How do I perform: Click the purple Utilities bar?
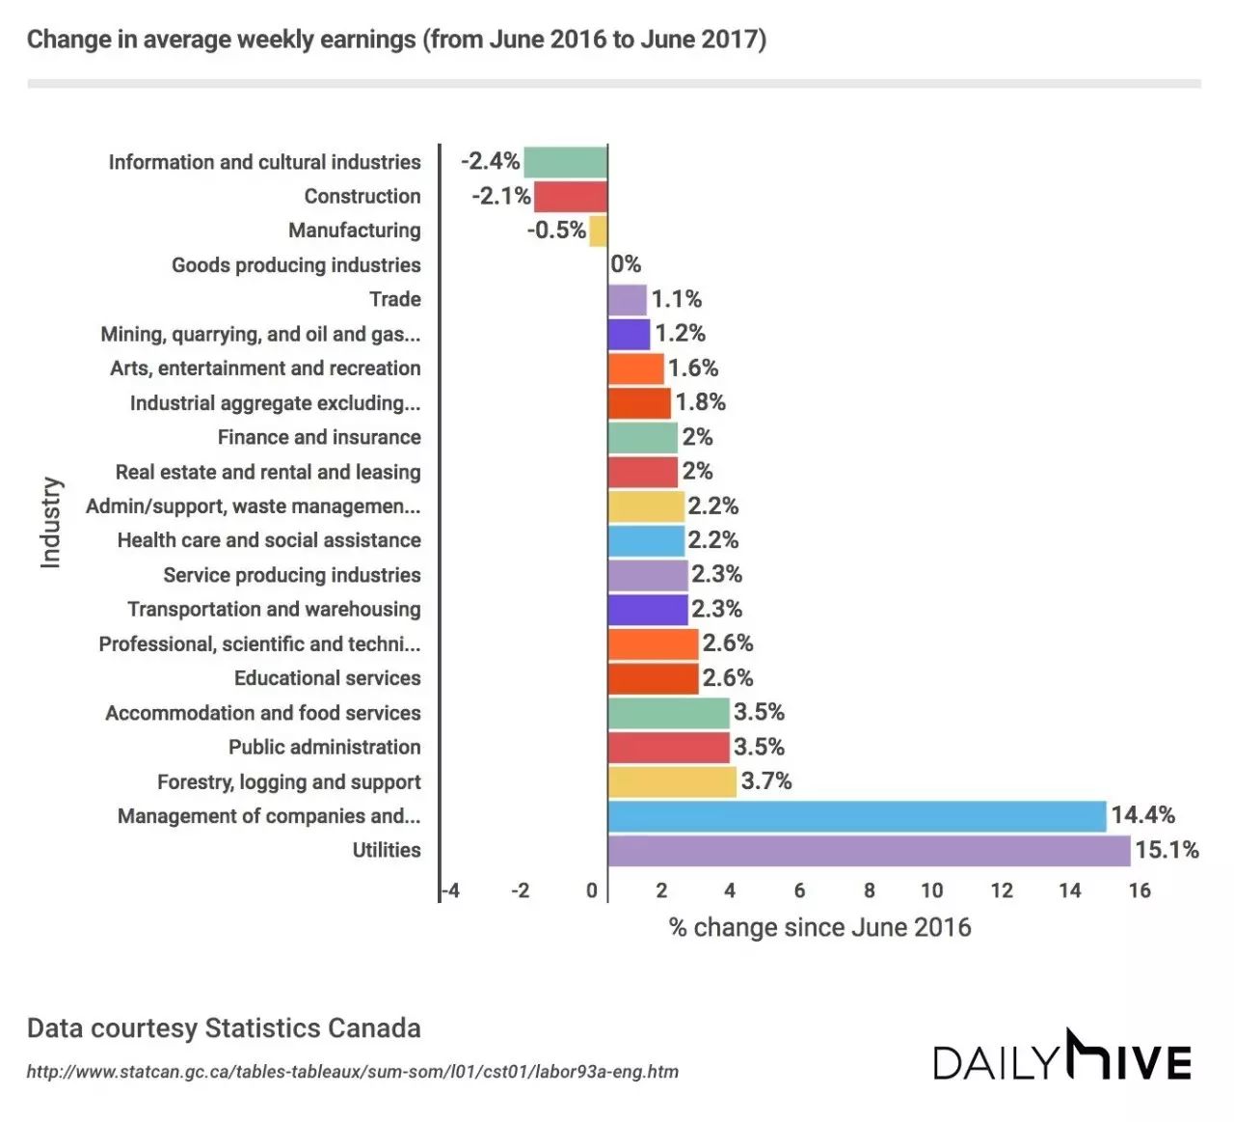tap(868, 851)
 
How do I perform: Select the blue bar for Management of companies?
tap(856, 816)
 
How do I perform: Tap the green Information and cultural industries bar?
tap(565, 162)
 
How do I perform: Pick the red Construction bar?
tap(570, 197)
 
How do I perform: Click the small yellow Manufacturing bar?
tap(598, 231)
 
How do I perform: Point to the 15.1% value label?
tap(1167, 850)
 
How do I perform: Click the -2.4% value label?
tap(490, 161)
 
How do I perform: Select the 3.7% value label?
tap(765, 780)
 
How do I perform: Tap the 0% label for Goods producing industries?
tap(627, 264)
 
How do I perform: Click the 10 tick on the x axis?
tap(931, 890)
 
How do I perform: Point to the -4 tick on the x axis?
tap(450, 890)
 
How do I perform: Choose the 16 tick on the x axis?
tap(1140, 890)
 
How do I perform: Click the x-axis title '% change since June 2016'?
tap(819, 927)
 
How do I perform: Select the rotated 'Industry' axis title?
tap(50, 522)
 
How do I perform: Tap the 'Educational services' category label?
tap(327, 678)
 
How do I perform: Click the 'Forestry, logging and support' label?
tap(288, 781)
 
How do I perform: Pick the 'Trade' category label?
tap(394, 299)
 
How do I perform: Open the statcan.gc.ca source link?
tap(352, 1072)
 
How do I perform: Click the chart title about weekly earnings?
tap(396, 40)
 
